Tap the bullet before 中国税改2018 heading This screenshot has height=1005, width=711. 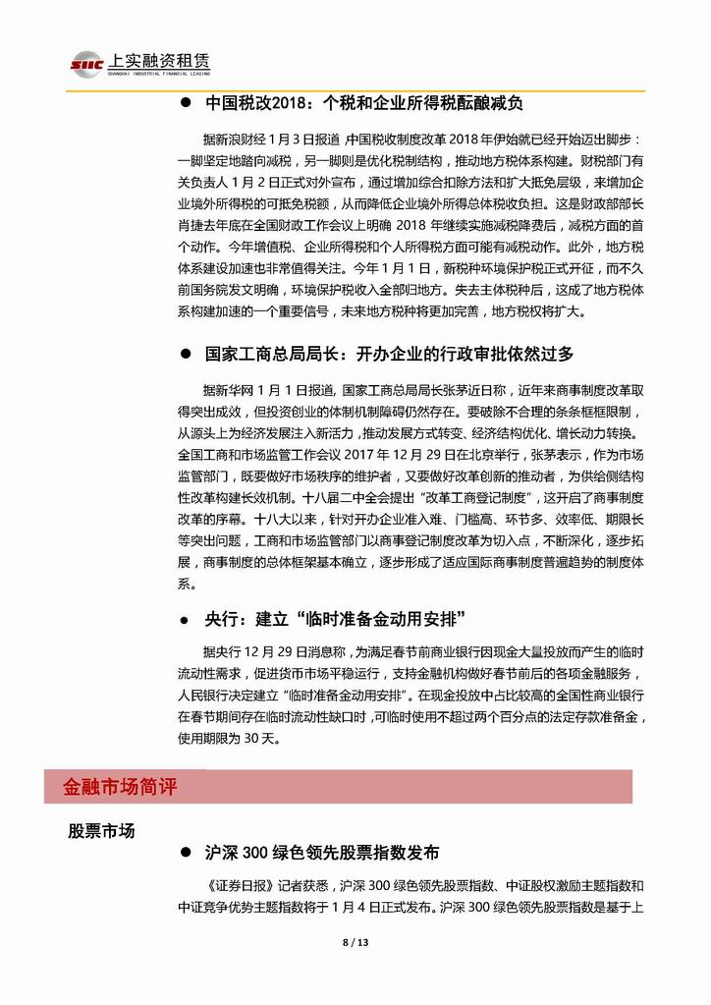[x=185, y=103]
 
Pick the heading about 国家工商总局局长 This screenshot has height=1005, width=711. [x=389, y=354]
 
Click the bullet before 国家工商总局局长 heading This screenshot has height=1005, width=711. [x=185, y=355]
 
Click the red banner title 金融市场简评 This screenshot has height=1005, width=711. [x=120, y=787]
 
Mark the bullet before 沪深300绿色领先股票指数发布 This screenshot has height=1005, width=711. [x=185, y=853]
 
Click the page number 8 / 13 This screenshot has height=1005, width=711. [x=355, y=943]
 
